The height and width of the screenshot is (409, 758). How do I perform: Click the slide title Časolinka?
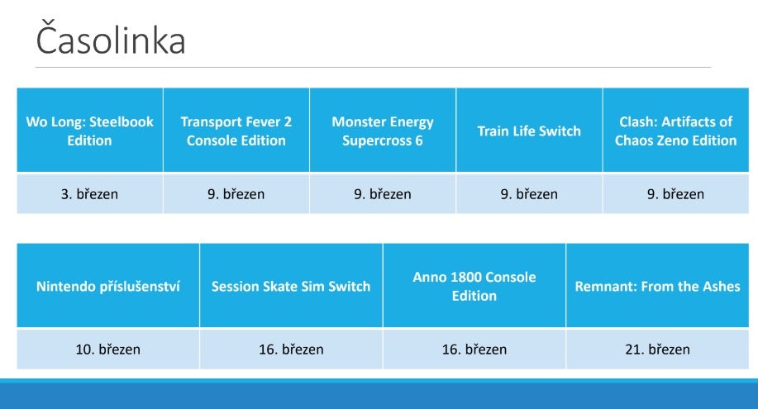[111, 40]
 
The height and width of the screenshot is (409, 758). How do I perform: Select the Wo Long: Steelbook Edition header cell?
[90, 130]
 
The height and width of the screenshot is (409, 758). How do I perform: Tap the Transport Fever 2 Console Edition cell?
[236, 130]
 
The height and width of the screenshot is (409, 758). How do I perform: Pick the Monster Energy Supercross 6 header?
[383, 130]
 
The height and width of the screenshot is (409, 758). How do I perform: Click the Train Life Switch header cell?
[529, 130]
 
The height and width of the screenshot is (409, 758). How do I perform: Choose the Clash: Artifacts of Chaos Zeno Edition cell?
[676, 130]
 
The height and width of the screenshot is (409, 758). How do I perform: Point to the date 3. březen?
[89, 194]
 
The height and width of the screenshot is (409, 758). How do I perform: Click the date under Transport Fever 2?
[236, 194]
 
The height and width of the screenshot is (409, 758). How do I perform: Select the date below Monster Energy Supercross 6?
[383, 194]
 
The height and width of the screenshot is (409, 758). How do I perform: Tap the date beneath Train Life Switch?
[529, 194]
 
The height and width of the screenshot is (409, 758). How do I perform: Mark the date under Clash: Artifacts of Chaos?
[675, 194]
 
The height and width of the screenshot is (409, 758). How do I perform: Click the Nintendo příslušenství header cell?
[108, 285]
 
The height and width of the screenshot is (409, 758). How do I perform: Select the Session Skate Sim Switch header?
[291, 285]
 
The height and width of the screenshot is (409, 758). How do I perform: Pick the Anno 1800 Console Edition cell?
[474, 285]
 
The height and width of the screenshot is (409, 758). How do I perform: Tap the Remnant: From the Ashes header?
[657, 285]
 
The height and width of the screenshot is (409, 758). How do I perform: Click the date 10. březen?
[107, 349]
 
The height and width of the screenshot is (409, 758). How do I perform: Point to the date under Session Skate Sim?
[291, 349]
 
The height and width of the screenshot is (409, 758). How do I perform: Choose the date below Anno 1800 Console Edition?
[474, 349]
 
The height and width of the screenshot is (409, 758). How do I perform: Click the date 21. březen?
[657, 349]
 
